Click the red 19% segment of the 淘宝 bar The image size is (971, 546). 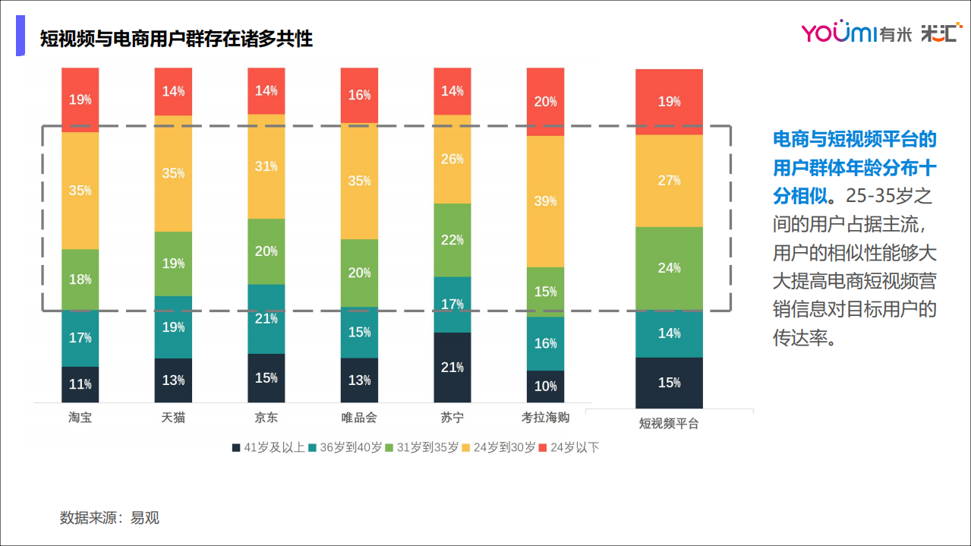(x=80, y=99)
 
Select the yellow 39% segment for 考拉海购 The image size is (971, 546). (x=545, y=201)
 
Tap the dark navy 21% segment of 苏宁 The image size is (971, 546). (x=452, y=368)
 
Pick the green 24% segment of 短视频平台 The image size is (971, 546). (x=669, y=268)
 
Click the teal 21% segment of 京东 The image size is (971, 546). (x=266, y=319)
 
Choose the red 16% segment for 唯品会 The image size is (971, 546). (x=359, y=96)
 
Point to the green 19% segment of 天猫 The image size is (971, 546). (x=173, y=264)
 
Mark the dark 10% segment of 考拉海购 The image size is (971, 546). (x=545, y=387)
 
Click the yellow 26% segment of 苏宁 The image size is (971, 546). (x=452, y=159)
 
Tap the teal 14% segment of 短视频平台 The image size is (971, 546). (x=669, y=333)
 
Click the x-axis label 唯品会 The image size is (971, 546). (x=359, y=418)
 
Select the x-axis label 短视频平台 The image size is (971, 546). (x=669, y=424)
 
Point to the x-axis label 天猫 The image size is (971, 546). (x=173, y=418)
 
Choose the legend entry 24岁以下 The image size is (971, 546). (x=569, y=448)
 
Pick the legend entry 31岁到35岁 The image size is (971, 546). (x=422, y=448)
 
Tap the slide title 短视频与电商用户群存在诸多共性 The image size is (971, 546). (x=176, y=39)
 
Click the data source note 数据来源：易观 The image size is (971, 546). (x=109, y=518)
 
